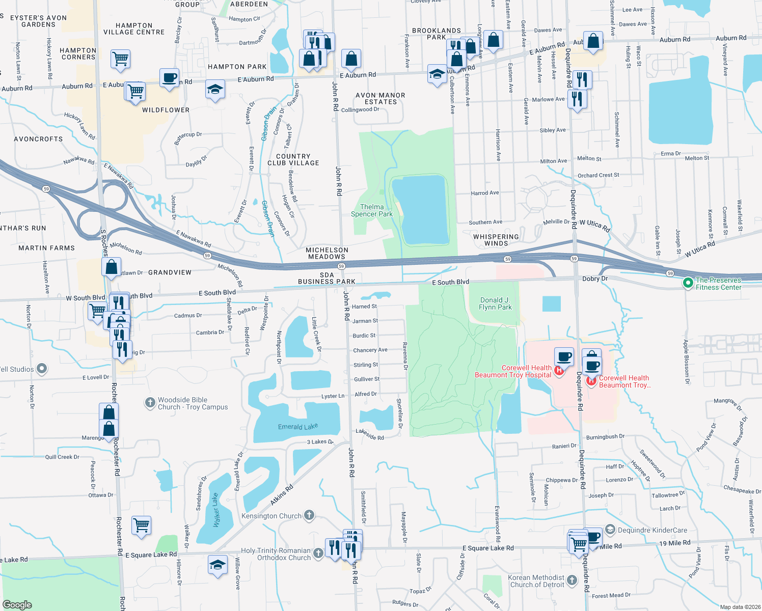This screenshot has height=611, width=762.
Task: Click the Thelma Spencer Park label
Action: pos(372,211)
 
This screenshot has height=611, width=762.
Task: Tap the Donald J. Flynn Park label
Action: pos(495,304)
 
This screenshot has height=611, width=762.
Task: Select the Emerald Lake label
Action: pos(297,427)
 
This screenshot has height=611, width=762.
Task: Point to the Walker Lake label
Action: pos(215,510)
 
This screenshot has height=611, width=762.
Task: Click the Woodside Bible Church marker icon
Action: pos(150,403)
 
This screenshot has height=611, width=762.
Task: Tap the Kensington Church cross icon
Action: pos(309,515)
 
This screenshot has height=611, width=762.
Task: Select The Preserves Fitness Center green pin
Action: pos(688,282)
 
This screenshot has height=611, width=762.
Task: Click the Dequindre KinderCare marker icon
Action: pos(610,530)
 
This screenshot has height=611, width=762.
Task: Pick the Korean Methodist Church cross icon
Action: pos(572,580)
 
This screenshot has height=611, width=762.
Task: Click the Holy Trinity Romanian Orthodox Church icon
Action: pos(318,553)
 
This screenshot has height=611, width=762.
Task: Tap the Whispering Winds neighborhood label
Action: pos(496,240)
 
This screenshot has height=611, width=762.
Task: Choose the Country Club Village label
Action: pos(293,160)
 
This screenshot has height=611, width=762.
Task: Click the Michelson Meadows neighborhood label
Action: pos(327,253)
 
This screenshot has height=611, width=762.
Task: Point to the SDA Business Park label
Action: pos(326,279)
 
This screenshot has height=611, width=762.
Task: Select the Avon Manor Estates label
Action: pos(380,99)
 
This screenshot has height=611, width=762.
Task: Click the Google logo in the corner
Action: pos(17,604)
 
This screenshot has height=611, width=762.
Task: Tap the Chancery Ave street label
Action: pos(370,350)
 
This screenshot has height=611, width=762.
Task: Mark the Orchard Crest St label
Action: pos(598,175)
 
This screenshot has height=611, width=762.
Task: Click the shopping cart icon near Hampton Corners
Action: pos(120,59)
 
